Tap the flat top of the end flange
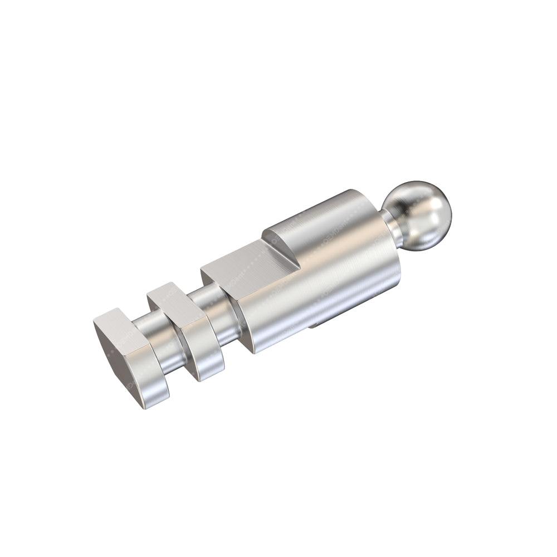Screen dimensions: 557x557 120,323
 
